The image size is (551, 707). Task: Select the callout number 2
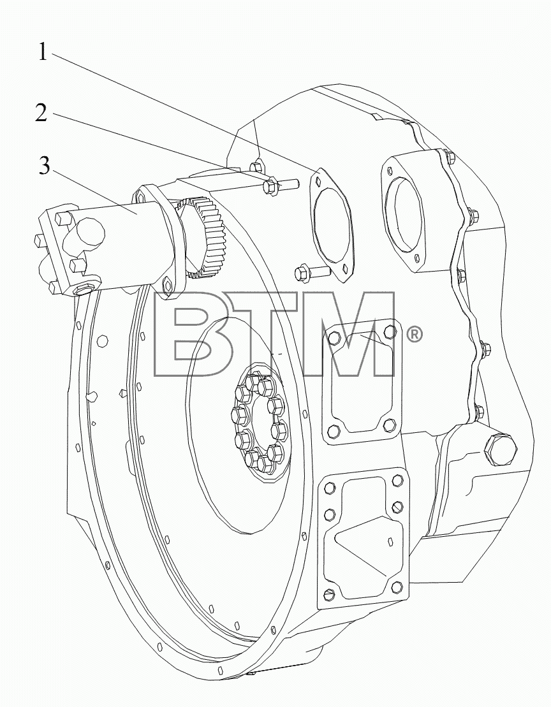pos(41,112)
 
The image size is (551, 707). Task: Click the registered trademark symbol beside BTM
pos(415,335)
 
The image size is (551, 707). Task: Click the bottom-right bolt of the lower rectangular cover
pos(397,587)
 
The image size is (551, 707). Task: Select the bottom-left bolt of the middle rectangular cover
pos(334,431)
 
